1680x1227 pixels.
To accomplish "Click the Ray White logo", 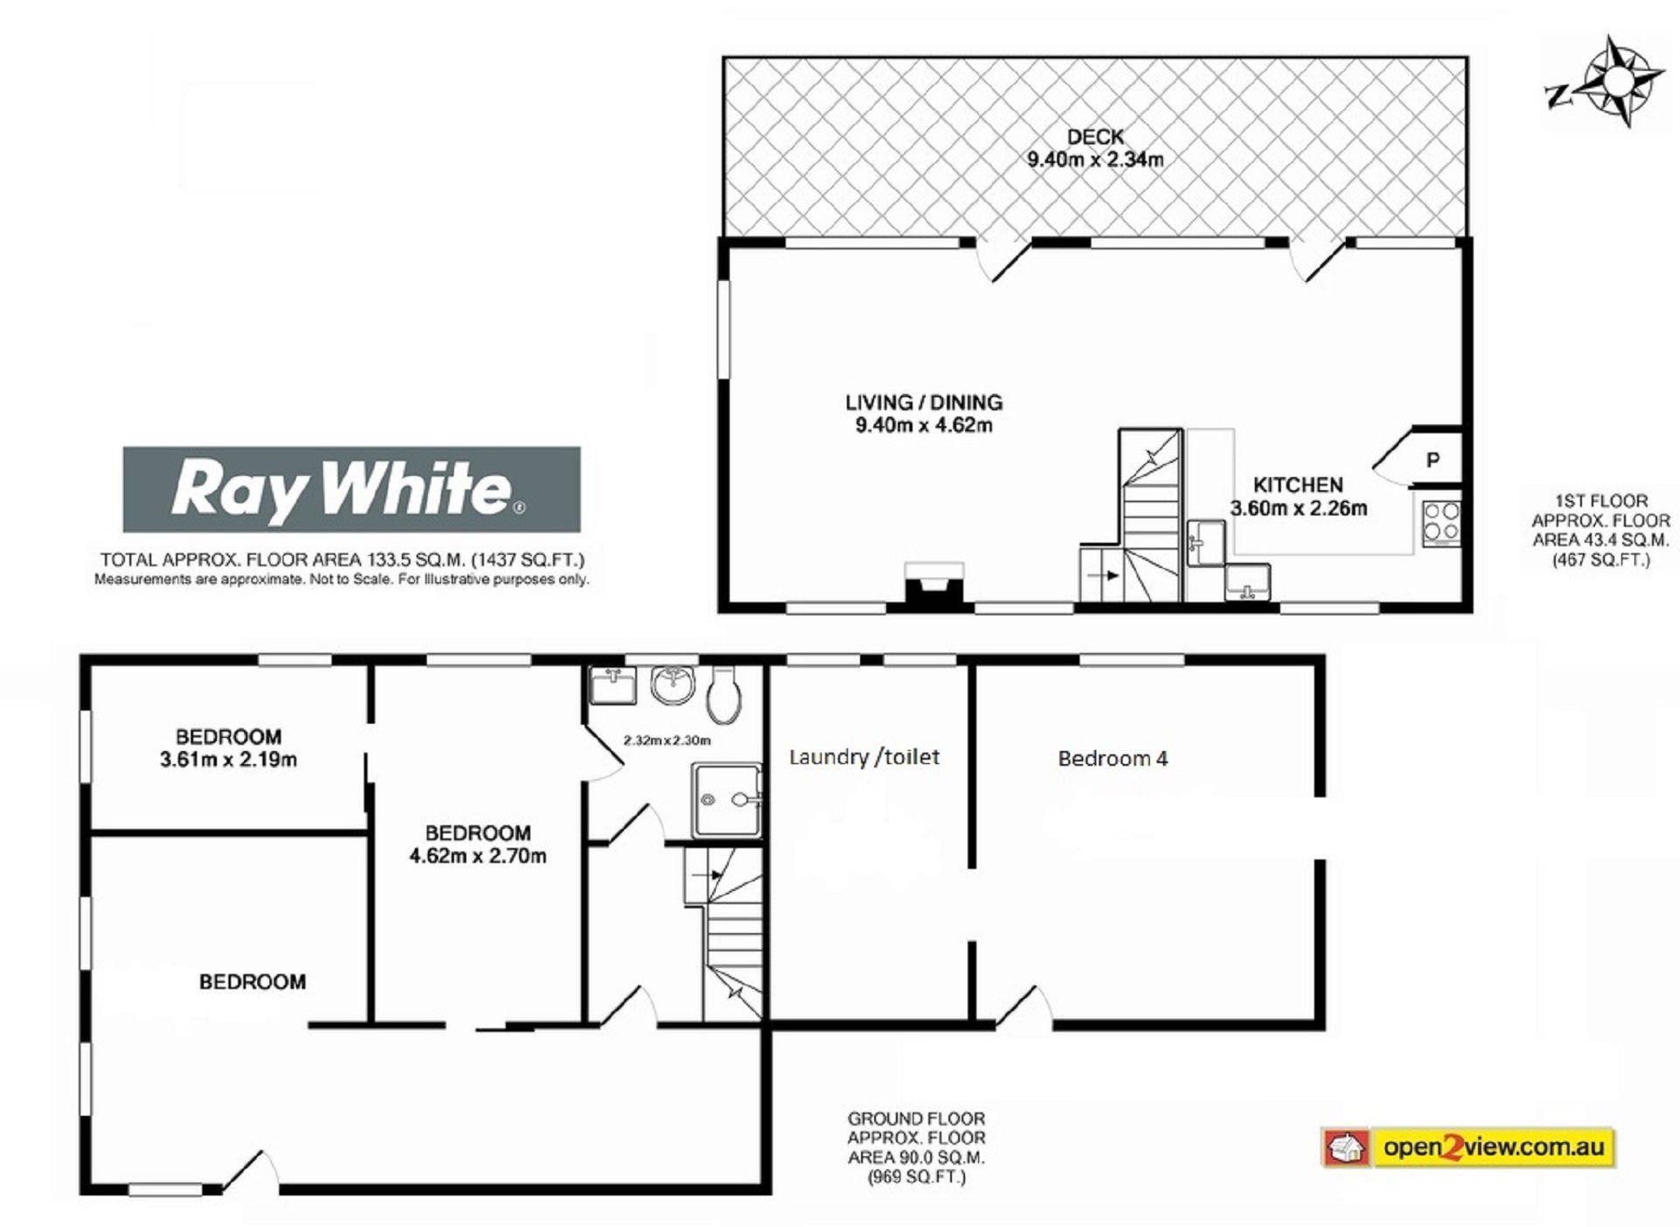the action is pyautogui.click(x=351, y=489).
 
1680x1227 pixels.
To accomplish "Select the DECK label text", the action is pyautogui.click(x=1095, y=137).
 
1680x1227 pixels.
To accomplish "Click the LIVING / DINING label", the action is pyautogui.click(x=924, y=403).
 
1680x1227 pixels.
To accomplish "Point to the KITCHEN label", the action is pyautogui.click(x=1298, y=485).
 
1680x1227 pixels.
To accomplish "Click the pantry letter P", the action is pyautogui.click(x=1432, y=459).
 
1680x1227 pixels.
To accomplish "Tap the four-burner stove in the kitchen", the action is pyautogui.click(x=1440, y=523).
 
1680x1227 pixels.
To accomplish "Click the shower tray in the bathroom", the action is pyautogui.click(x=727, y=800).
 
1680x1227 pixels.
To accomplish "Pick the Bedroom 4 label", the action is pyautogui.click(x=1113, y=758).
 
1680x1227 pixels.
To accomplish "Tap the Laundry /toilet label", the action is pyautogui.click(x=864, y=757).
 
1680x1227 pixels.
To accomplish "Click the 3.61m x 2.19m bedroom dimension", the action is pyautogui.click(x=228, y=760).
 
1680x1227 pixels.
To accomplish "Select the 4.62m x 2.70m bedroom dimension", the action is pyautogui.click(x=478, y=856).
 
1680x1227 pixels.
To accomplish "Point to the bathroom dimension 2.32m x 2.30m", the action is pyautogui.click(x=667, y=740).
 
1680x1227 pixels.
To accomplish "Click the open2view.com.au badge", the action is pyautogui.click(x=1467, y=1146).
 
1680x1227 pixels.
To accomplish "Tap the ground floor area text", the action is pyautogui.click(x=916, y=1147).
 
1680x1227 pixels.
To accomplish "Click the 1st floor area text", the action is pyautogui.click(x=1601, y=530).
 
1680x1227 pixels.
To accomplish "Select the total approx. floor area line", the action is pyautogui.click(x=342, y=560).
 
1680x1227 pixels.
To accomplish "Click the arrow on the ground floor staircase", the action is pyautogui.click(x=707, y=874).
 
